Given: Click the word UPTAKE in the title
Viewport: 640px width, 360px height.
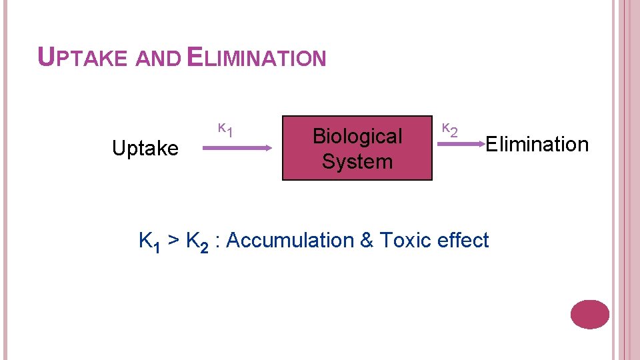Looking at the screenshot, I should click(82, 58).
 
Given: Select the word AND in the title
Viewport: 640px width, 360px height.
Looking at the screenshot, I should click(157, 59).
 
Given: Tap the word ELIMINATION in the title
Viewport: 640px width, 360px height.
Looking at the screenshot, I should click(257, 58).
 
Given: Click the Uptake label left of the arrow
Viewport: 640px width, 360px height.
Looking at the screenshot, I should click(145, 149).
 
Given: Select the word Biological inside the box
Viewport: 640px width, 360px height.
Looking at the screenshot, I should click(357, 136).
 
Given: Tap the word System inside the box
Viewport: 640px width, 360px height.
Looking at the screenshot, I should click(357, 161).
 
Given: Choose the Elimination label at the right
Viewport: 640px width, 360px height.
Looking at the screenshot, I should click(537, 143).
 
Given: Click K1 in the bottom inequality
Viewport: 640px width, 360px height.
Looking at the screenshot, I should click(148, 241).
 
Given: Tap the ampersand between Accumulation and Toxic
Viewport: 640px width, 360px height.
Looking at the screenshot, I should click(367, 240).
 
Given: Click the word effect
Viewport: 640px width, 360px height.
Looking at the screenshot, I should click(464, 240).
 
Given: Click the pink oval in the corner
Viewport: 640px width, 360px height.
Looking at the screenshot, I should click(590, 314).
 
